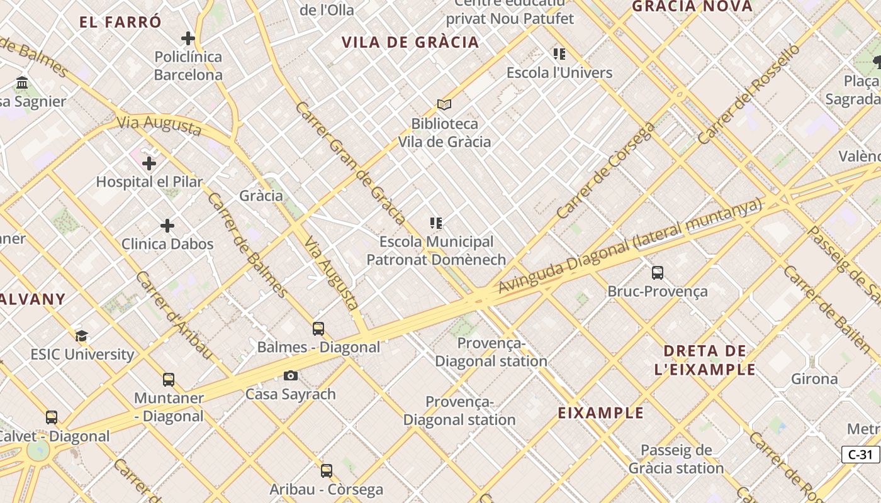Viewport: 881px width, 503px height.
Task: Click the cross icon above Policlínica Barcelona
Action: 188,38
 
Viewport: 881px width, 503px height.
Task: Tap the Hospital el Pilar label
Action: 149,182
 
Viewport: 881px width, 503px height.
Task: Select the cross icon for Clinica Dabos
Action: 167,226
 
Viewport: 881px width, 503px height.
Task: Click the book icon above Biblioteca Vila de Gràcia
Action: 444,104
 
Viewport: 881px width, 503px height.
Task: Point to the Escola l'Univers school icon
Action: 559,54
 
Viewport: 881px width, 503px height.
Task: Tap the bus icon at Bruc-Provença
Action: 658,273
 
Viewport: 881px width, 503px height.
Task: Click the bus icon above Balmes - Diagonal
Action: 318,329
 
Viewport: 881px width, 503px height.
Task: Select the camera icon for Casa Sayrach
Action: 290,376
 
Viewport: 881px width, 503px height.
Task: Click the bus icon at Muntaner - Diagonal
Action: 169,380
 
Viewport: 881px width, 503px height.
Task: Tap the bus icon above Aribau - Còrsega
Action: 326,471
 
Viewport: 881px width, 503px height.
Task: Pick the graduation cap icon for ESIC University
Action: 81,336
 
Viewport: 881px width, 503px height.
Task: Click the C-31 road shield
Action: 860,455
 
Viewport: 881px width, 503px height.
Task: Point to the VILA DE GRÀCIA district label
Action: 410,43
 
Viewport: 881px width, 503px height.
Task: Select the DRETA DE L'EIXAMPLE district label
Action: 705,360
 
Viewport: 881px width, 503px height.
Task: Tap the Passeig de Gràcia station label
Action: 676,460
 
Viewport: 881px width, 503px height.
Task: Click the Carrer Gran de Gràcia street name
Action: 350,163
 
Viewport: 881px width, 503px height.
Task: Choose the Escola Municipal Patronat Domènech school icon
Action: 435,223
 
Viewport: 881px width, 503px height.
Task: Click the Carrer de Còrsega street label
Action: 606,170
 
